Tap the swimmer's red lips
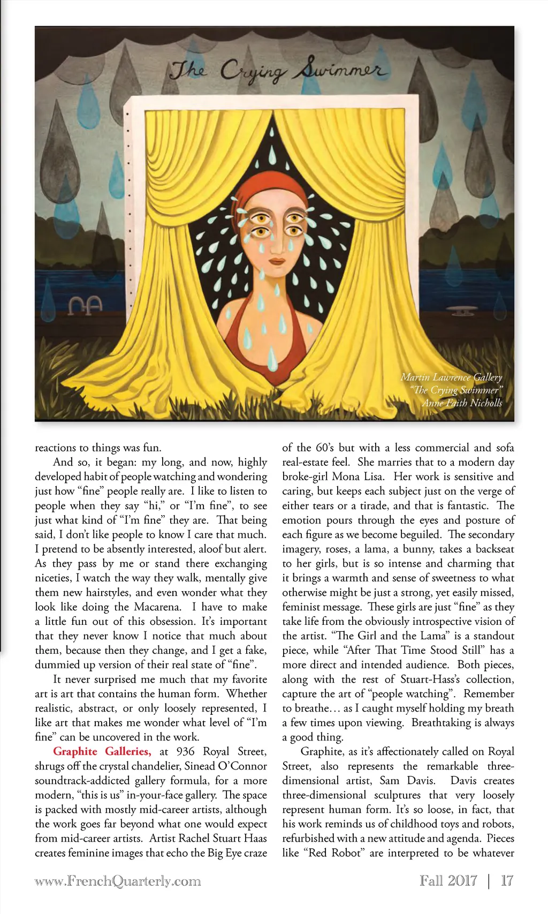click(277, 261)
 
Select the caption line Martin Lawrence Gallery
click(451, 377)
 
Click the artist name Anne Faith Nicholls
click(462, 403)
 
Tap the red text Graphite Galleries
click(102, 752)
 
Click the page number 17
click(506, 881)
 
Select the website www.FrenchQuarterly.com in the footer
click(118, 881)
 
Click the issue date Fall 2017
click(448, 881)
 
